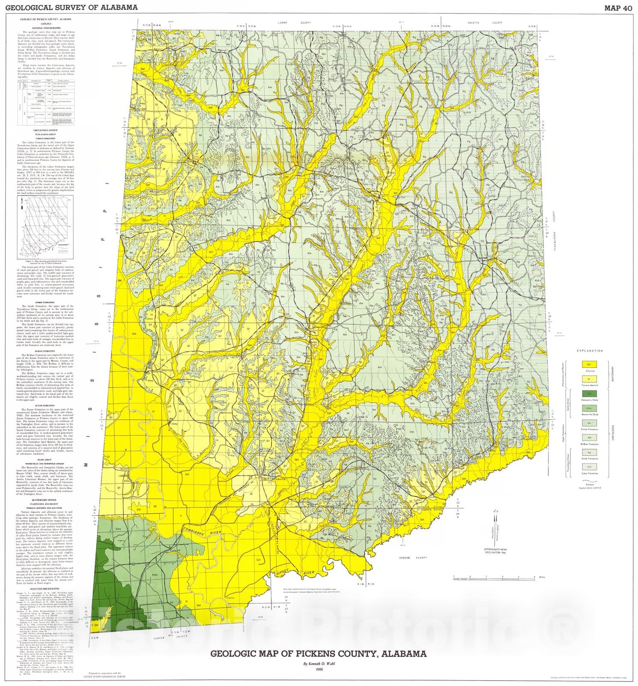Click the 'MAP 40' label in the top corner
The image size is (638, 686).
coord(615,7)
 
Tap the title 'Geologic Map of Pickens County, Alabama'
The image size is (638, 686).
coord(318,654)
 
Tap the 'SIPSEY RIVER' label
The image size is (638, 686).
coord(296,574)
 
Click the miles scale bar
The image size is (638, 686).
coord(494,579)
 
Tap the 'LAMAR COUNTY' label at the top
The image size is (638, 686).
coord(294,22)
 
